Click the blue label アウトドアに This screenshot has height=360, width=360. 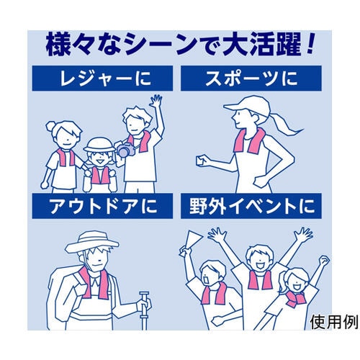tap(102, 207)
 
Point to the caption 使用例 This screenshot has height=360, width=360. tap(333, 322)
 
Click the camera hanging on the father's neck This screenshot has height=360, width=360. tap(125, 151)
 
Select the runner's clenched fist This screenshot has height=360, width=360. tap(199, 162)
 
